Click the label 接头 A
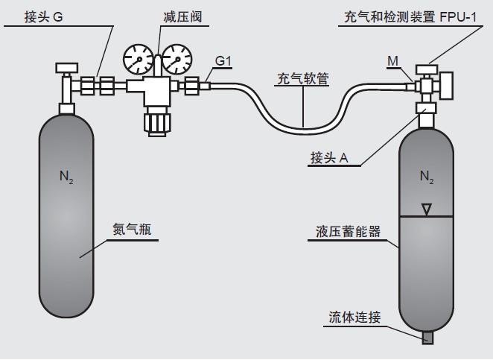tap(329, 157)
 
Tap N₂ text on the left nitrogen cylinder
tap(66, 177)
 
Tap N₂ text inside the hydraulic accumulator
tap(426, 177)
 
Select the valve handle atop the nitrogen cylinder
tap(63, 69)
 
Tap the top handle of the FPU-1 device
tap(426, 69)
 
